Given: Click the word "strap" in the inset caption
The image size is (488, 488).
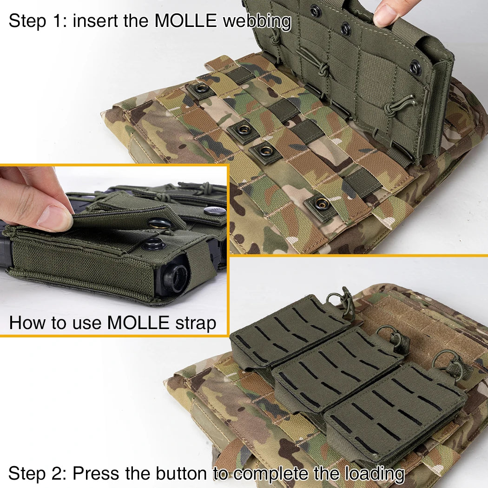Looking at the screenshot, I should click(196, 323).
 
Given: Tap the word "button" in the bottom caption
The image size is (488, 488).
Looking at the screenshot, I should click(181, 474).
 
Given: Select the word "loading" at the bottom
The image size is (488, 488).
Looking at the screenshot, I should click(375, 474).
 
